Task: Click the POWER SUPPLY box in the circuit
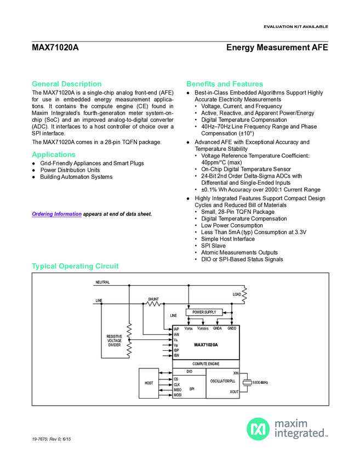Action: pos(204,312)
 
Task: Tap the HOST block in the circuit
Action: pos(148,382)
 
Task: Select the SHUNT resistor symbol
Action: pos(153,303)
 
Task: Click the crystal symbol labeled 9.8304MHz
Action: pos(248,382)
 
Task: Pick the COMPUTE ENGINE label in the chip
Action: pos(205,363)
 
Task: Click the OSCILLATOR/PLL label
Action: pos(222,380)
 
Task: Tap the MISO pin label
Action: pos(177,390)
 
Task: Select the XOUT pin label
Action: pos(234,392)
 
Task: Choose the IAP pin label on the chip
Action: pos(176,329)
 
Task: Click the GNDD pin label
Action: pos(232,328)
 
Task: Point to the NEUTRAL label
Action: pos(102,282)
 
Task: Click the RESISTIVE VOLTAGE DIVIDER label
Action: pos(115,340)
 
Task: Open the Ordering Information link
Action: pos(56,214)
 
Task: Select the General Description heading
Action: pos(67,84)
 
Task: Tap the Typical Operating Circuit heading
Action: pos(75,266)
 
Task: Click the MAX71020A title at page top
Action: pos(55,48)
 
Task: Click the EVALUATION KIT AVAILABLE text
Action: pos(295,26)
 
